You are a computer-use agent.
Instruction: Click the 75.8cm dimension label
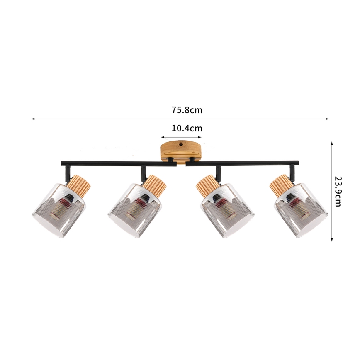point(187,110)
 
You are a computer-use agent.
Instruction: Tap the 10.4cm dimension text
point(187,128)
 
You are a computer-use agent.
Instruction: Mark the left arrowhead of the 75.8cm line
point(33,119)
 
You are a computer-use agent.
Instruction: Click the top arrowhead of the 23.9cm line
point(332,143)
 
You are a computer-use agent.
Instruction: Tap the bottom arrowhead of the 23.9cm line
point(332,239)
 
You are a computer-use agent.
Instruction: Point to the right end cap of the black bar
point(297,162)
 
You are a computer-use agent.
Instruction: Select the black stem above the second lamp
point(143,171)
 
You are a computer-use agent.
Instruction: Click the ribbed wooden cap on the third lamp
point(206,185)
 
